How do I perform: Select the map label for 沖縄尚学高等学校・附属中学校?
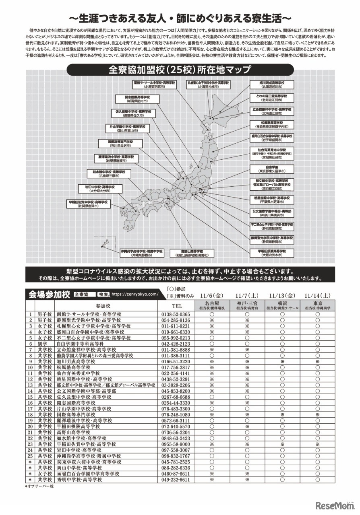141,253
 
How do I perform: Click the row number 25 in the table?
30,456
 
